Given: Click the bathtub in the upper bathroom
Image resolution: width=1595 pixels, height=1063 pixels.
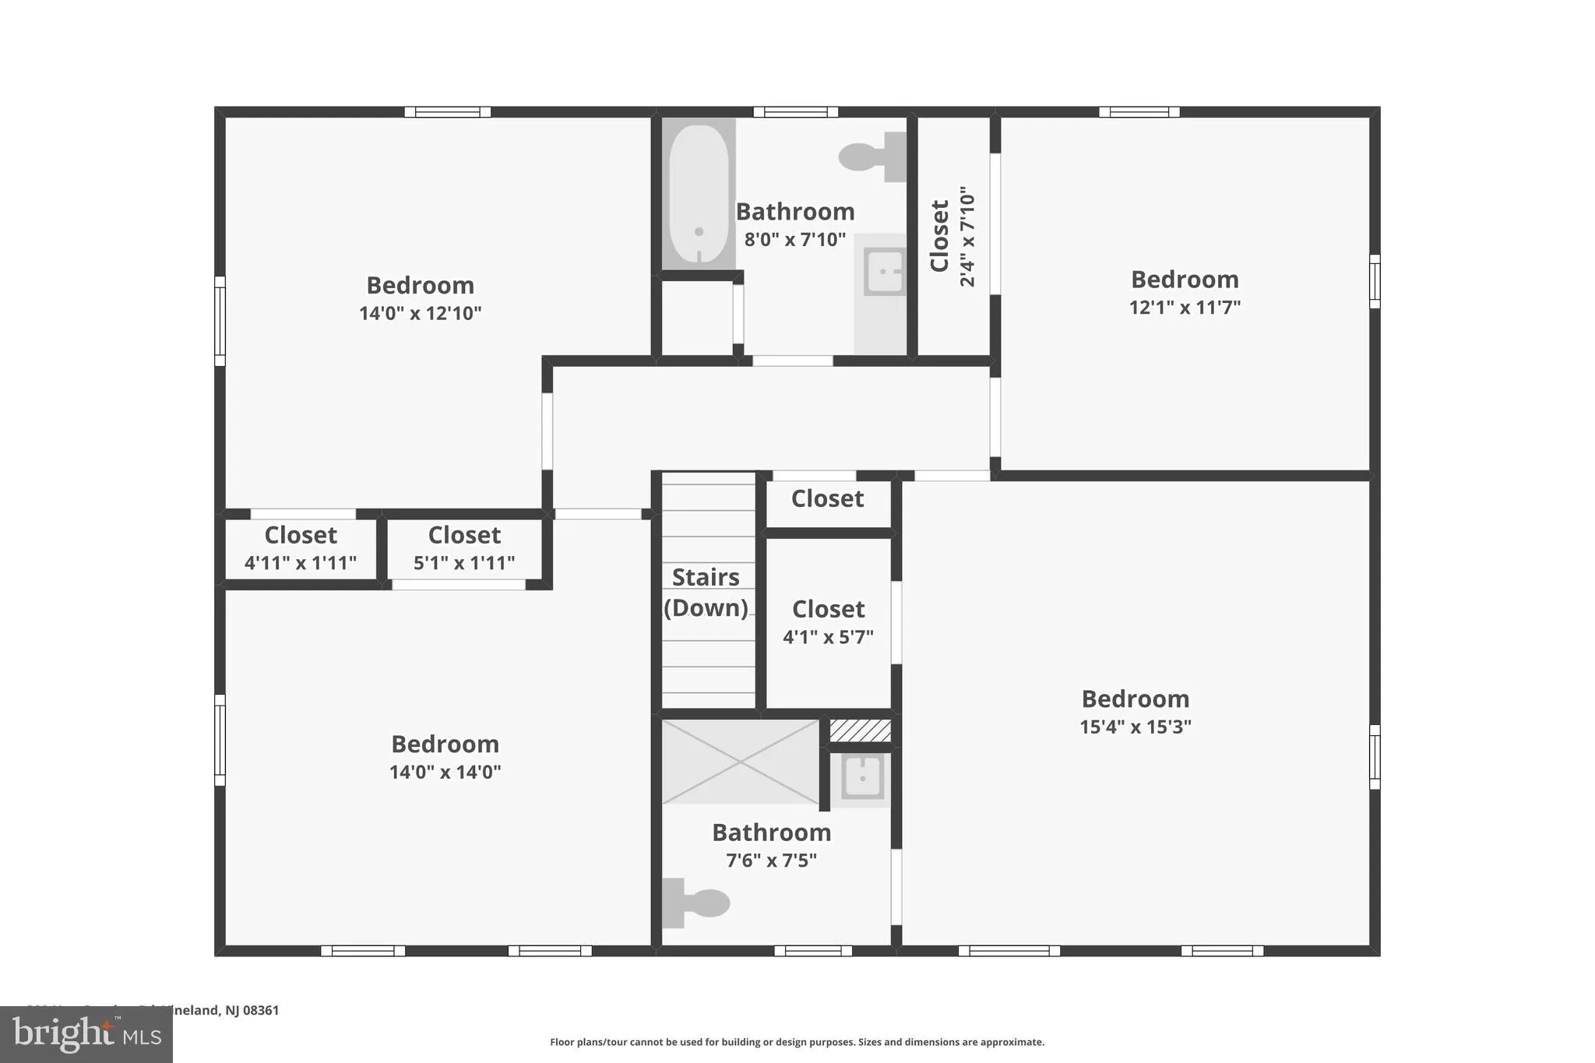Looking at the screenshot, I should pyautogui.click(x=699, y=194).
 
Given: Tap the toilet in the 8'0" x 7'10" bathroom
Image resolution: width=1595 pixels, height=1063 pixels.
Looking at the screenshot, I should pyautogui.click(x=873, y=157).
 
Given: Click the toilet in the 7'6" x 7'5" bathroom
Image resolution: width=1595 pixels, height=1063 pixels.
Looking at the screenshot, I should pyautogui.click(x=695, y=903).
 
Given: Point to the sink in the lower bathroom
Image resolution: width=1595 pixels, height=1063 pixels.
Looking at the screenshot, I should pyautogui.click(x=862, y=776).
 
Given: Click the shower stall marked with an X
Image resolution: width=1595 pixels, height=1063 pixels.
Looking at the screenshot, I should pyautogui.click(x=740, y=762).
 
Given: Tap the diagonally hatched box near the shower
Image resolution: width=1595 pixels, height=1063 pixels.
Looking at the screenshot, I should pyautogui.click(x=860, y=730).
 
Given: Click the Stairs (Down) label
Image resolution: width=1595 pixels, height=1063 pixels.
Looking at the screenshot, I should pyautogui.click(x=706, y=593).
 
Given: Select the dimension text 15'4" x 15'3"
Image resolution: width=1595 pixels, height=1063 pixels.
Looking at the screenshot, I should pyautogui.click(x=1135, y=727).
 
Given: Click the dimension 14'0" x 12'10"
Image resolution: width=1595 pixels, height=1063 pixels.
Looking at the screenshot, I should pyautogui.click(x=420, y=313).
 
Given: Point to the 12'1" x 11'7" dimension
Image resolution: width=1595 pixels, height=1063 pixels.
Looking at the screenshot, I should pyautogui.click(x=1184, y=307).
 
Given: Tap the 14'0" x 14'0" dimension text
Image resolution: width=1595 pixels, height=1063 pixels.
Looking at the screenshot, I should pyautogui.click(x=445, y=772).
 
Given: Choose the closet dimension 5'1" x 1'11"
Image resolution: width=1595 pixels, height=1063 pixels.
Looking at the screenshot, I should pyautogui.click(x=463, y=562).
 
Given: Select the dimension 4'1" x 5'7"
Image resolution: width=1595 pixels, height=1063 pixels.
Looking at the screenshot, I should pyautogui.click(x=828, y=637).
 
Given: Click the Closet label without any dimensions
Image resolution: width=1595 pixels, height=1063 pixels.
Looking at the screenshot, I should pyautogui.click(x=827, y=498).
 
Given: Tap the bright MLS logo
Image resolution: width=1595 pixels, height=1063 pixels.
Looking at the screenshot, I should pyautogui.click(x=86, y=1034).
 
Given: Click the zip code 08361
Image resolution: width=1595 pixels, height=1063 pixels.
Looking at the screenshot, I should pyautogui.click(x=261, y=1010).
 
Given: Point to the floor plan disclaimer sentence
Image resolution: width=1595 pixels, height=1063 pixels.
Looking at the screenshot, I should pyautogui.click(x=797, y=1042).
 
